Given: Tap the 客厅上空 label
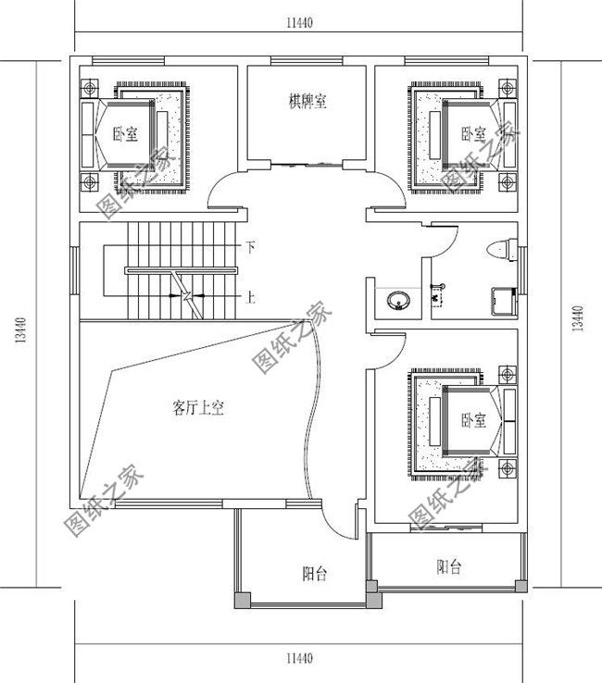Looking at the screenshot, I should pyautogui.click(x=198, y=406).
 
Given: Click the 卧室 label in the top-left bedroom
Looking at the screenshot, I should pyautogui.click(x=125, y=134).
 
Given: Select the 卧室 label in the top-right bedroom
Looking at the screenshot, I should pyautogui.click(x=473, y=133).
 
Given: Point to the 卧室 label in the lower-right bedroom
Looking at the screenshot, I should pyautogui.click(x=473, y=420).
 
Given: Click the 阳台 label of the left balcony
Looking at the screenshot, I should pyautogui.click(x=315, y=574).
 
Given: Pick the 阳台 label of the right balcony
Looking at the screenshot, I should pyautogui.click(x=449, y=567).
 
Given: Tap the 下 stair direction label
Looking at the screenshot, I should pyautogui.click(x=250, y=247).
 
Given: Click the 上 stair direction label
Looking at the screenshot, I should pyautogui.click(x=250, y=297).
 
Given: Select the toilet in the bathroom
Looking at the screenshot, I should pyautogui.click(x=498, y=249).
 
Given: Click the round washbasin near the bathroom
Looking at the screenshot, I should pyautogui.click(x=399, y=300).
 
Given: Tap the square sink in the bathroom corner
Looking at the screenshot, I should pyautogui.click(x=504, y=300).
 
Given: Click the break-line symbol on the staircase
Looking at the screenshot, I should pyautogui.click(x=189, y=297).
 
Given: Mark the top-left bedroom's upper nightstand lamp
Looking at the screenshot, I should pyautogui.click(x=90, y=89).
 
